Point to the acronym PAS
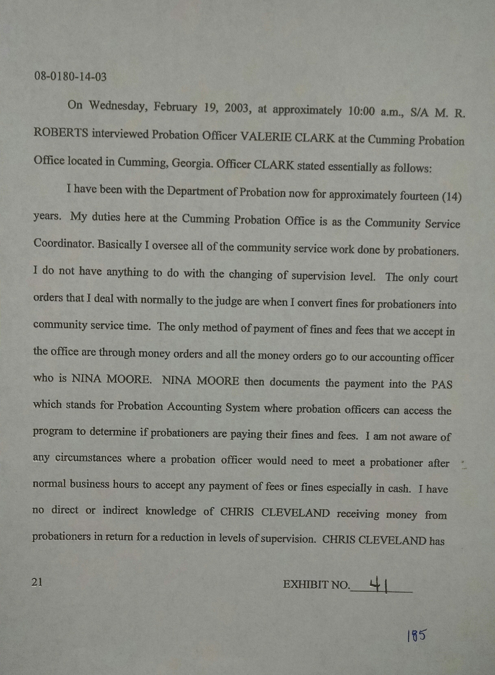[442, 384]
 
